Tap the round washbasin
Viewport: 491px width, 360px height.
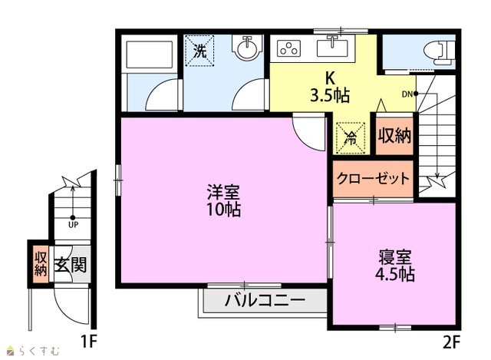coord(247,48)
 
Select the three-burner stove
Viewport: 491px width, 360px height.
coord(288,48)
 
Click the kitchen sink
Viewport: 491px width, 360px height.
coord(332,48)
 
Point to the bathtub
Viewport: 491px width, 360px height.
coord(149,54)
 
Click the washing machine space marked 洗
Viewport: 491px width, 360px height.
coord(199,50)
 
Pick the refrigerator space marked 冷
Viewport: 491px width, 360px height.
coord(351,138)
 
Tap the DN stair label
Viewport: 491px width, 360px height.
coord(407,94)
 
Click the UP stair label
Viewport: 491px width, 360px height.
coord(73,225)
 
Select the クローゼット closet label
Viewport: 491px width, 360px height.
coord(373,179)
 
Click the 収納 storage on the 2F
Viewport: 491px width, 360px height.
coord(394,136)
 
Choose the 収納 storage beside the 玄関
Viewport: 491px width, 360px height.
coord(41,264)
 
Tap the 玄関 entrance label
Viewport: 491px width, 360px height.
coord(71,265)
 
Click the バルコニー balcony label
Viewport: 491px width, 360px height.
coord(265,300)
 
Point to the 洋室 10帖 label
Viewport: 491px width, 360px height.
coord(223,201)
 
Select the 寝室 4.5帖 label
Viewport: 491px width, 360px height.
coord(395,266)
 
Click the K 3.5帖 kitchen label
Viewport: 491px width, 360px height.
coord(330,87)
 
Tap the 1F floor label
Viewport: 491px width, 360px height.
coord(88,342)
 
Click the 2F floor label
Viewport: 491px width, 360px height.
coord(451,342)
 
